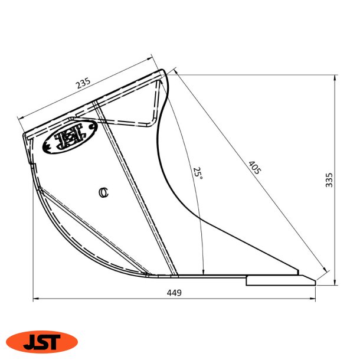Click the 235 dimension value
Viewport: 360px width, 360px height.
83,84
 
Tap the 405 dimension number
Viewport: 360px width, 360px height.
254,167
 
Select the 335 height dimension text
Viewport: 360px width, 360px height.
329,180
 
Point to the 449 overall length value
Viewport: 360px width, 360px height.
174,293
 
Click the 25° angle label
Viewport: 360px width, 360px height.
198,173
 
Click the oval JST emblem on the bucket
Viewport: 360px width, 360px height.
68,138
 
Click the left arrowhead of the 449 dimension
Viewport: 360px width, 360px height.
35,299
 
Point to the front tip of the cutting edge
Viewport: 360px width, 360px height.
315,283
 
